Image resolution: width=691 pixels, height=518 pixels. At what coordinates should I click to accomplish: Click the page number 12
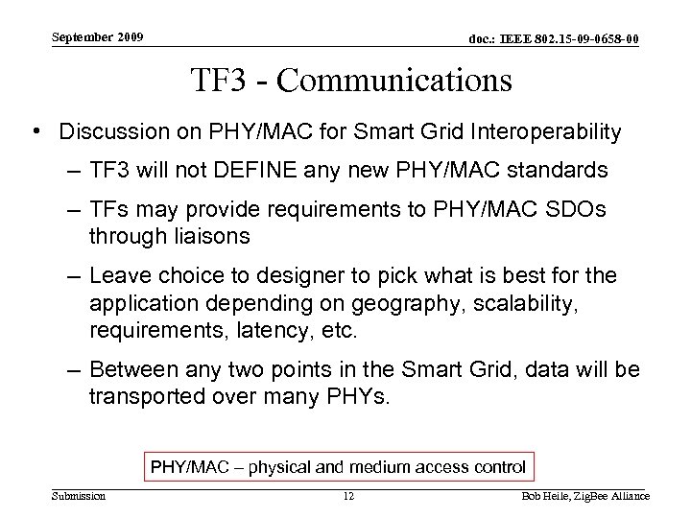click(349, 496)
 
